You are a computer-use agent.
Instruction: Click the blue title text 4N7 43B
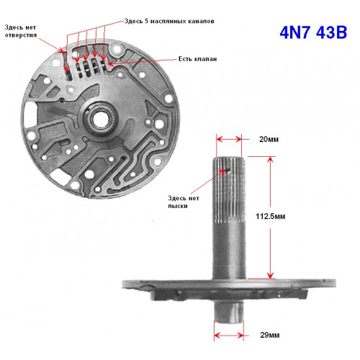(313, 32)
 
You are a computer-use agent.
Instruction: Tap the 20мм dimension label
(269, 139)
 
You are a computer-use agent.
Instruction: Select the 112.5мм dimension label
(271, 216)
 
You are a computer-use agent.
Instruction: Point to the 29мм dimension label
(270, 335)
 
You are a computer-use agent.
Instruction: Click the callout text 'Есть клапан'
(197, 59)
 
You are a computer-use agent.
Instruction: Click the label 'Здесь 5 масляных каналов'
(169, 21)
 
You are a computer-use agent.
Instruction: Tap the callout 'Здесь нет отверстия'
(21, 31)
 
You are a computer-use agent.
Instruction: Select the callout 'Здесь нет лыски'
(184, 202)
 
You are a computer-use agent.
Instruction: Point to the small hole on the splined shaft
(227, 171)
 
